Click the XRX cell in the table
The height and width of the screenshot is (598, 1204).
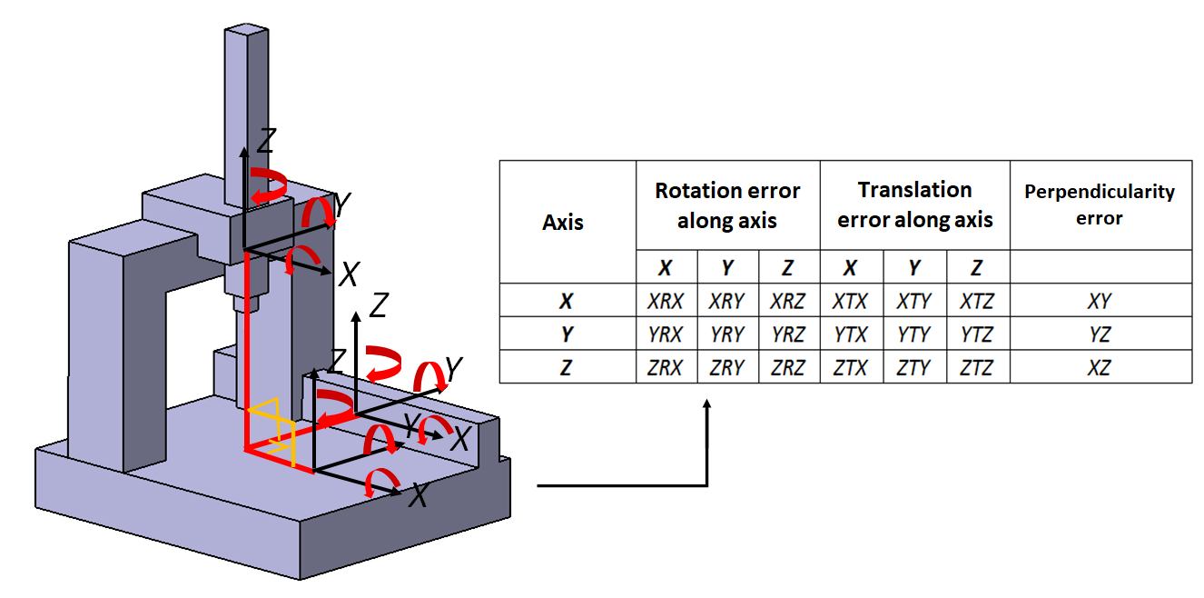click(666, 301)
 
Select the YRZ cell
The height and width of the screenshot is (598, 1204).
click(789, 334)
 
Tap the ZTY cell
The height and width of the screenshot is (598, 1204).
click(914, 368)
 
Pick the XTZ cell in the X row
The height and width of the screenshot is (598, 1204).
click(977, 301)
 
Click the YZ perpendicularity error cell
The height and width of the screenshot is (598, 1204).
click(1100, 334)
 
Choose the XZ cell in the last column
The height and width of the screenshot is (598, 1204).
click(1100, 368)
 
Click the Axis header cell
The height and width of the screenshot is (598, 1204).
click(563, 223)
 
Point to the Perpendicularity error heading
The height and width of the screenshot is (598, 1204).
click(1100, 204)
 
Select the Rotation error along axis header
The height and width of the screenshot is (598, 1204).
click(727, 204)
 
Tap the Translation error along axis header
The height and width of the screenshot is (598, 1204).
click(914, 204)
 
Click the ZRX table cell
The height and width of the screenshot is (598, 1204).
click(666, 368)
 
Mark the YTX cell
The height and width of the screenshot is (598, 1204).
click(851, 334)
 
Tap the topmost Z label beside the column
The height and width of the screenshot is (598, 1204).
click(266, 141)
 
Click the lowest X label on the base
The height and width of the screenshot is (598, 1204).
click(418, 495)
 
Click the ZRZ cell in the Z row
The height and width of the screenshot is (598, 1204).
click(789, 368)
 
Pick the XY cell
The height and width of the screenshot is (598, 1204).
click(1100, 301)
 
